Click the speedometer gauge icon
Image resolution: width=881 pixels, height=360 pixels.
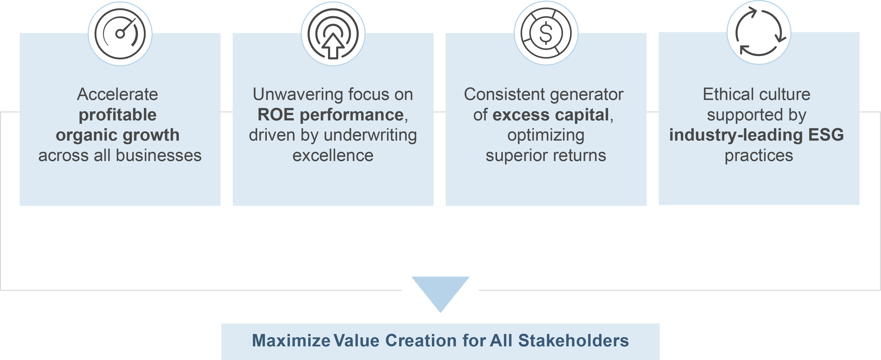(x=120, y=34)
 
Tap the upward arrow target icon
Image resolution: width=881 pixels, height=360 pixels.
(x=333, y=34)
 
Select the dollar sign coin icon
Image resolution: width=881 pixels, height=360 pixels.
(x=546, y=33)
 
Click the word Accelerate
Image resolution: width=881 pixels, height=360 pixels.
(x=117, y=94)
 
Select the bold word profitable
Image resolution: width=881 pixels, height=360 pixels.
(x=117, y=115)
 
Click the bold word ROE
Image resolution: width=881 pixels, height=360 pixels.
(x=276, y=115)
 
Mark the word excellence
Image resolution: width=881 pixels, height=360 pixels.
(x=333, y=156)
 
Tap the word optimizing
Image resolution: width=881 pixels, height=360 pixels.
(x=546, y=136)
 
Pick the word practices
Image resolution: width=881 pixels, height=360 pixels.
(x=759, y=156)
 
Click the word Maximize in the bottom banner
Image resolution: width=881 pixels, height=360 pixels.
(x=291, y=341)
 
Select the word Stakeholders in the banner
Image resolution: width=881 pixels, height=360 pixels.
(x=573, y=341)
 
